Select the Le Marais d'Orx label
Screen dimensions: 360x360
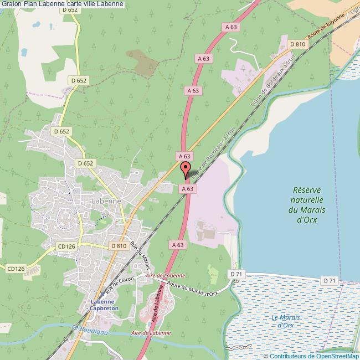pyautogui.click(x=286, y=321)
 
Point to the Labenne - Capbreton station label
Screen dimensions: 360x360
pyautogui.click(x=101, y=306)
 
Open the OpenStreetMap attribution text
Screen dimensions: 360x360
pyautogui.click(x=312, y=356)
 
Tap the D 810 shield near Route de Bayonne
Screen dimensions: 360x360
pyautogui.click(x=297, y=44)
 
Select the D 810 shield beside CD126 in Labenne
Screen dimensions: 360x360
pyautogui.click(x=119, y=245)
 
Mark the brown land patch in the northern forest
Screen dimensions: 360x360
pyautogui.click(x=143, y=63)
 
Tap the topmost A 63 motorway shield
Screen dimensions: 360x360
pyautogui.click(x=231, y=26)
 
